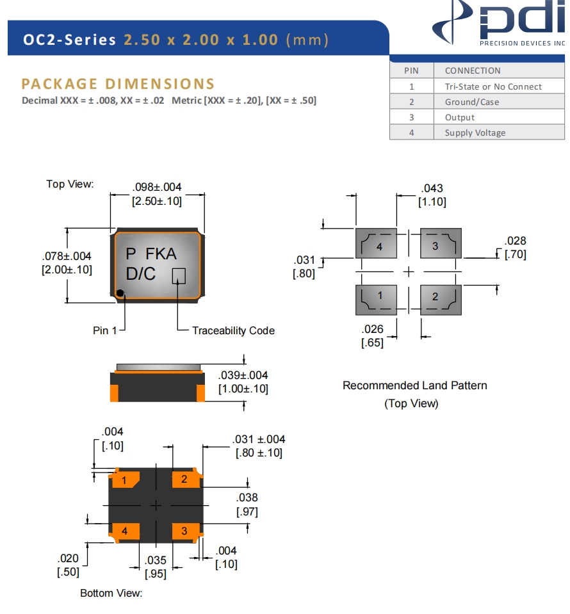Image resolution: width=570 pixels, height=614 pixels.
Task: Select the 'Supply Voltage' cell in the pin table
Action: pyautogui.click(x=475, y=133)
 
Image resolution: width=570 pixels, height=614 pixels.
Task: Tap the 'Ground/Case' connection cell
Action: pyautogui.click(x=471, y=102)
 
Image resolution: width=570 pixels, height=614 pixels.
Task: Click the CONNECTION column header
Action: pyautogui.click(x=473, y=70)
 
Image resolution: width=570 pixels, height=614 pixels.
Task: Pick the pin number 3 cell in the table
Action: pyautogui.click(x=411, y=117)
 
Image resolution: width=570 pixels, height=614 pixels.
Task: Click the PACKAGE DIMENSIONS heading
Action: pyautogui.click(x=118, y=84)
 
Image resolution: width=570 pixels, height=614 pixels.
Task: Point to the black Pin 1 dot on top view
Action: pyautogui.click(x=120, y=293)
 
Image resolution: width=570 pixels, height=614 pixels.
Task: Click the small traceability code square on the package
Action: pyautogui.click(x=179, y=275)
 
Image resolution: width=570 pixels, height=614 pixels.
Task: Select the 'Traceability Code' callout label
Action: pyautogui.click(x=233, y=330)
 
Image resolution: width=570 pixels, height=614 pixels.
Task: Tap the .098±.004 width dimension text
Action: pyautogui.click(x=157, y=187)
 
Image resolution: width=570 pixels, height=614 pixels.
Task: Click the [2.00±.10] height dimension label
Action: pyautogui.click(x=67, y=270)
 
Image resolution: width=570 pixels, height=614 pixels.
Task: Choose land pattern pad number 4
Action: pyautogui.click(x=377, y=244)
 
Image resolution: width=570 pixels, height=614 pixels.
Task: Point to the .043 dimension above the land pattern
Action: pyautogui.click(x=432, y=188)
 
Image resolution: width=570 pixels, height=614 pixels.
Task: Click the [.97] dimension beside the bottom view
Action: pyautogui.click(x=247, y=512)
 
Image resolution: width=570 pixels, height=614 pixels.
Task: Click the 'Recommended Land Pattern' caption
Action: pyautogui.click(x=414, y=385)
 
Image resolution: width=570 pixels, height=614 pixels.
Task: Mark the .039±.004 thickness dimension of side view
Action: pyautogui.click(x=243, y=375)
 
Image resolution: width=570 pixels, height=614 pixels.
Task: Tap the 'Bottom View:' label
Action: pyautogui.click(x=111, y=593)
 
